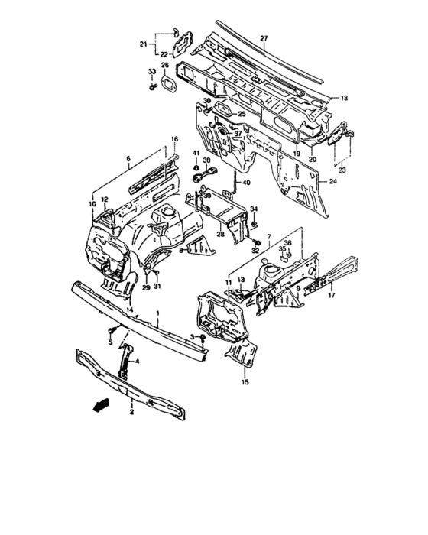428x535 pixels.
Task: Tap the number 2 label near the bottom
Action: pos(131,412)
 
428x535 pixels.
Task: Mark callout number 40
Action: pos(246,183)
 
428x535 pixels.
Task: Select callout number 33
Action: pos(151,72)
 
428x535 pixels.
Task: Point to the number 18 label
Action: pos(344,98)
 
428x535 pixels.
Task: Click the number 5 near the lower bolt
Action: pos(110,342)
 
